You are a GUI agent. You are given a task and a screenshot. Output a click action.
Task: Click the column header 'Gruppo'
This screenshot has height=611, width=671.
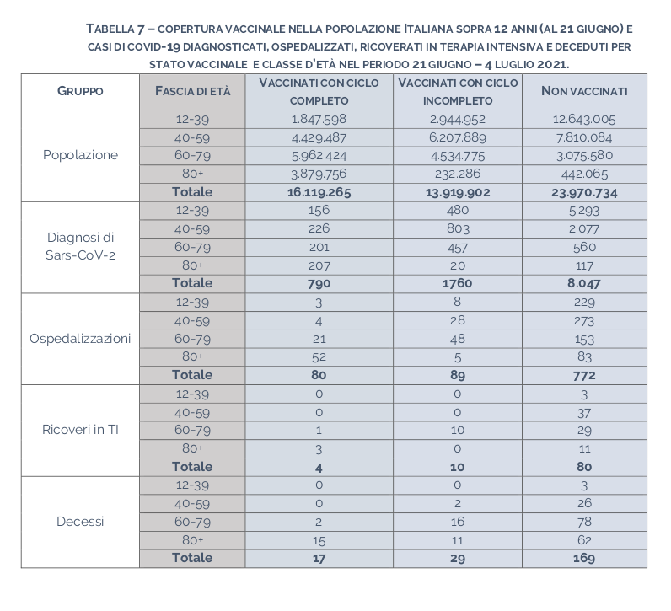click(x=80, y=91)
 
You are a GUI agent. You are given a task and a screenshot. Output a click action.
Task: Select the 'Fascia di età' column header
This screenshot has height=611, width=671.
click(x=192, y=91)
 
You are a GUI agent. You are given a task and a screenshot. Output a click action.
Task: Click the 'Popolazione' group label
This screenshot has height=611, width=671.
click(x=80, y=155)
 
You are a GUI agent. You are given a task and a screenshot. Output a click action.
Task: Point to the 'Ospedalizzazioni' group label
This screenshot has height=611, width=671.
click(x=80, y=338)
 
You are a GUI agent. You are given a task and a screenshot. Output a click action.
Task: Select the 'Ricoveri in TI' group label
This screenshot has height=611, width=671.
click(x=80, y=430)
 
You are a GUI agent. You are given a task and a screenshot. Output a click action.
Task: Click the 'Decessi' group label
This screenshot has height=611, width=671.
click(x=80, y=522)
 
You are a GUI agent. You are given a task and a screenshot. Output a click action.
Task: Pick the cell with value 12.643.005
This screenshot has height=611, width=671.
click(x=584, y=119)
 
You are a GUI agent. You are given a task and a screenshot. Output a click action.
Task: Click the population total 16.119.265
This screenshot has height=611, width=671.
click(x=319, y=192)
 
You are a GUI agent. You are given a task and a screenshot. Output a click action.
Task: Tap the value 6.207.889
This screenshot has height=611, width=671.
click(x=456, y=137)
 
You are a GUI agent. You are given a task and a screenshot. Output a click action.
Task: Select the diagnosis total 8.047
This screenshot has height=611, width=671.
click(x=584, y=284)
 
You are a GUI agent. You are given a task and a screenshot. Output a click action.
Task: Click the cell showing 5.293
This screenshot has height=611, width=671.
click(x=584, y=211)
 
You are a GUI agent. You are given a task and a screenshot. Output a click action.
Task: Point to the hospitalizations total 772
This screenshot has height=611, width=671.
click(x=584, y=375)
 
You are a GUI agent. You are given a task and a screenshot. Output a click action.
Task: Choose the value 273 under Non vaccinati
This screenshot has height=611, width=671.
click(x=584, y=320)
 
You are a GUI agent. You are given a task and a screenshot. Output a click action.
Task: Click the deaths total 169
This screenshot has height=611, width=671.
click(x=584, y=558)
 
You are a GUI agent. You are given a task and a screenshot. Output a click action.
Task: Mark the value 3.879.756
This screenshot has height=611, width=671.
click(x=319, y=174)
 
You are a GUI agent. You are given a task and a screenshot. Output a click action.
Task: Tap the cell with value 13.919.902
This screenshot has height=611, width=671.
click(x=456, y=192)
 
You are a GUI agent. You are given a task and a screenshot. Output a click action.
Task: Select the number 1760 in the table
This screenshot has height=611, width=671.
click(x=456, y=284)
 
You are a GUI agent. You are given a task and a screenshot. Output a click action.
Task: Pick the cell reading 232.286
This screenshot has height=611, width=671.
click(x=456, y=174)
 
